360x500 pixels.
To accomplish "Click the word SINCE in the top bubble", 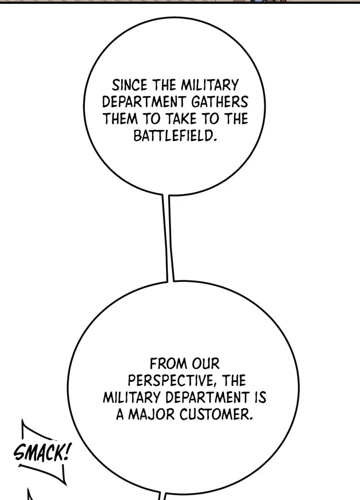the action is click(130, 85).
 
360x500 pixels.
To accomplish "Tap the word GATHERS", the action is click(219, 102).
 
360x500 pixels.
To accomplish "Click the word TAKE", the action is click(181, 119).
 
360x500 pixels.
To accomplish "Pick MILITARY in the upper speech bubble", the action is click(209, 85).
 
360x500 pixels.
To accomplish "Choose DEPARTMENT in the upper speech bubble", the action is click(144, 102).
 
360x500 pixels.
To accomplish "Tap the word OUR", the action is click(206, 364).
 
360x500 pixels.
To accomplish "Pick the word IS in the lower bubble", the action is click(260, 397).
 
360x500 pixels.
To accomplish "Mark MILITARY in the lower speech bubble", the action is click(132, 397).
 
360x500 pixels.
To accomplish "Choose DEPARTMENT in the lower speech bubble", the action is click(207, 397).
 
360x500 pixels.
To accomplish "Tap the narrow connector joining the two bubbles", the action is click(168, 238).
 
